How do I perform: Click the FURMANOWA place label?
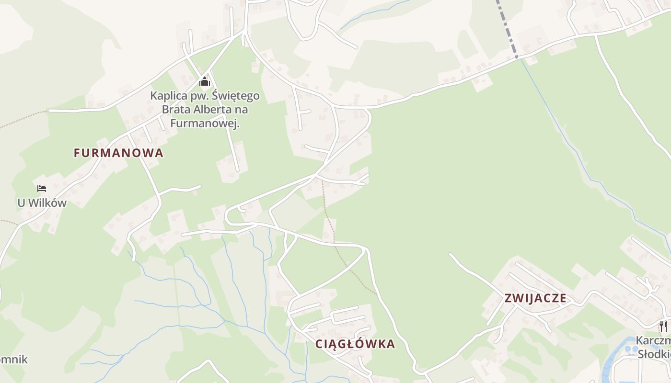118,153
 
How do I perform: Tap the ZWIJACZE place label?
535,299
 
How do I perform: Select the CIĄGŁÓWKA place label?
355,344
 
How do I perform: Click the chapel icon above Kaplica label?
205,81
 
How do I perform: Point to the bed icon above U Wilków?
42,189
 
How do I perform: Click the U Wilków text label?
42,203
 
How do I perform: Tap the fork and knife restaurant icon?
663,327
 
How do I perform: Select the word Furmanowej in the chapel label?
205,124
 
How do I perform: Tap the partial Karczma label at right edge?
654,340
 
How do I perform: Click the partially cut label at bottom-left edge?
13,360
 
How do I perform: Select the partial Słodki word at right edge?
655,354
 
